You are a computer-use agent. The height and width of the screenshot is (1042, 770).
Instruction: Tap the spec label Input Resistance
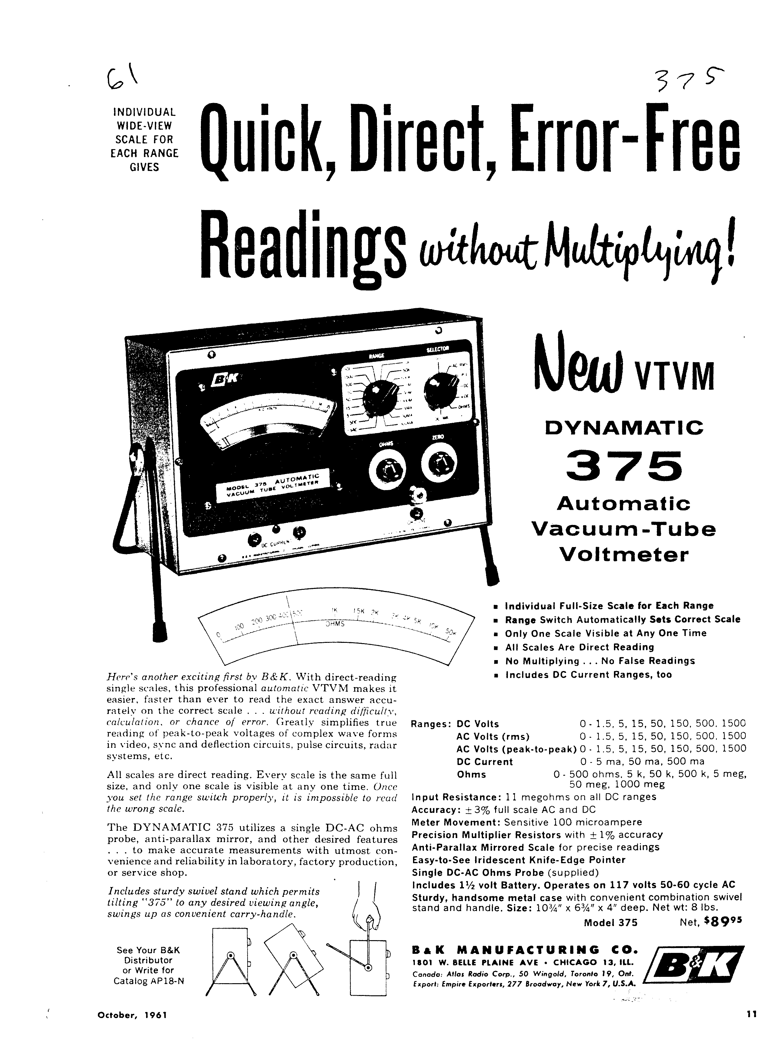tap(449, 797)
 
